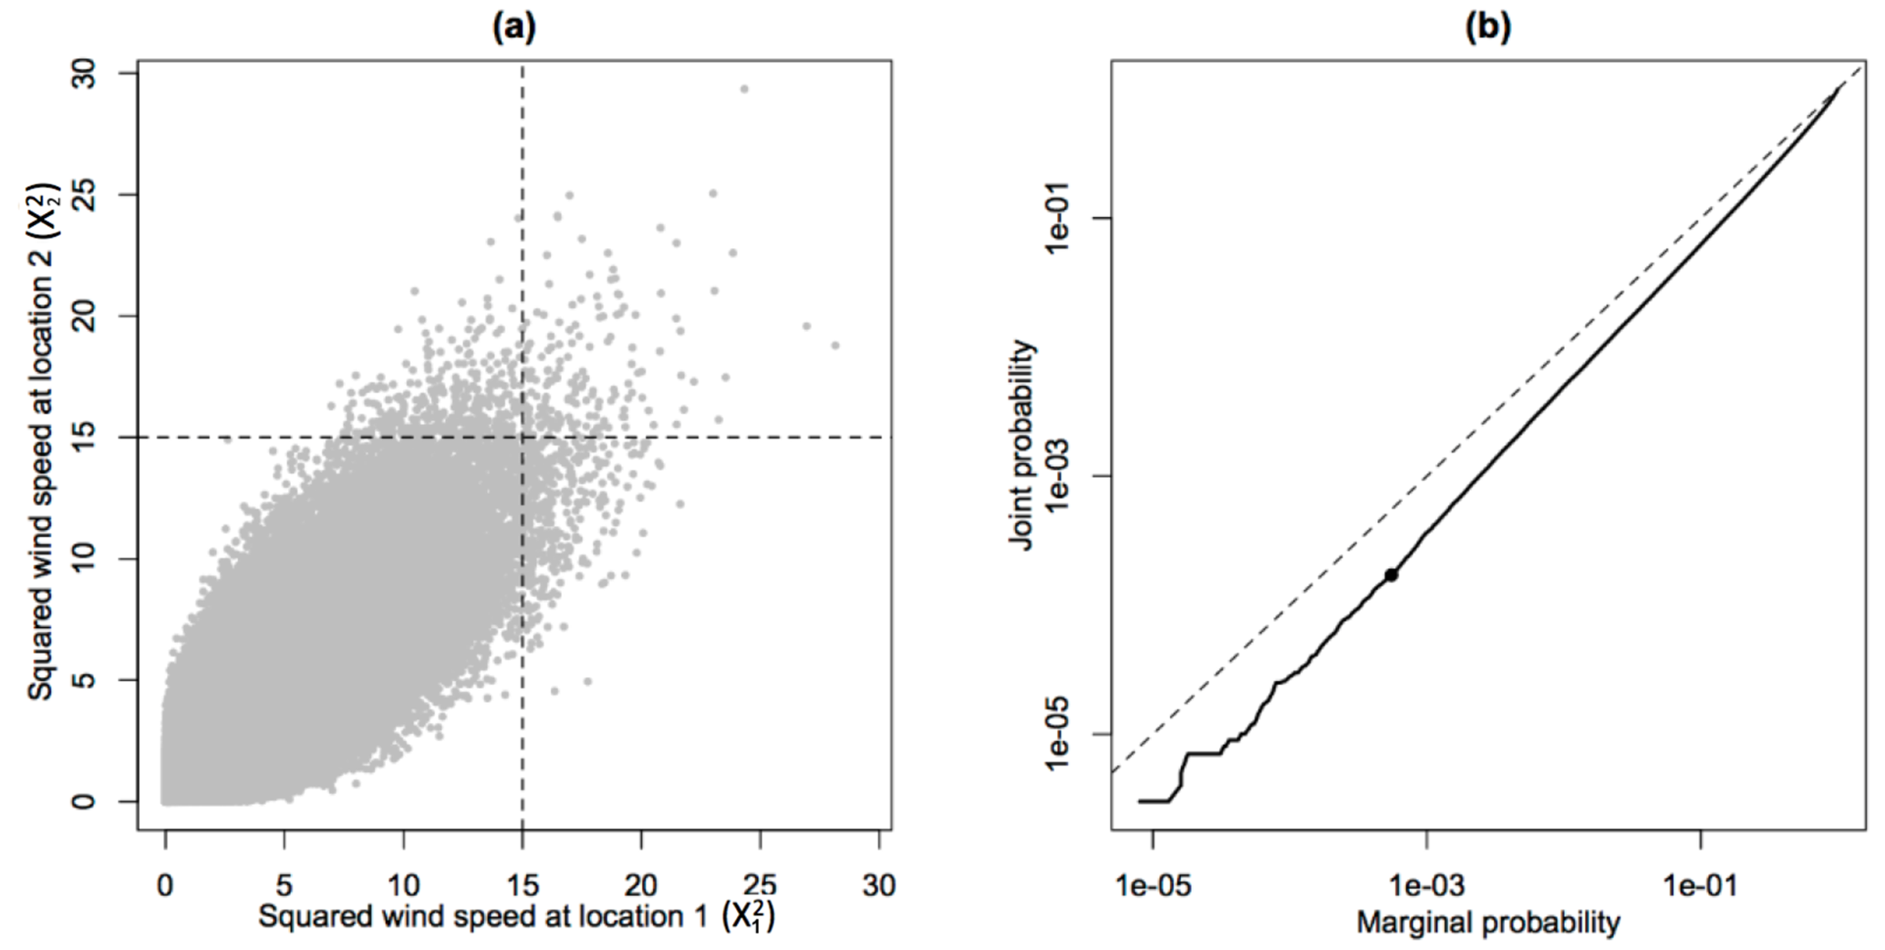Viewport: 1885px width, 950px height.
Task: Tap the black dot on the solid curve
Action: pyautogui.click(x=1391, y=574)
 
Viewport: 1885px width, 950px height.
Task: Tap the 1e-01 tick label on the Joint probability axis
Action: pyautogui.click(x=1063, y=219)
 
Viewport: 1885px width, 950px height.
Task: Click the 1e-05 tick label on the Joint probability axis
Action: pyautogui.click(x=1063, y=733)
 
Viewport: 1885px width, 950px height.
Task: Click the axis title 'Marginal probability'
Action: pyautogui.click(x=1487, y=922)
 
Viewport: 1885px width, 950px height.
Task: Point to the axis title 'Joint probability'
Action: pyautogui.click(x=1023, y=445)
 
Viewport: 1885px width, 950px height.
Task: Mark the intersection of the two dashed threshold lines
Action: pyautogui.click(x=523, y=438)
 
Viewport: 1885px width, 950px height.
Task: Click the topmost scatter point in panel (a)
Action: pyautogui.click(x=744, y=88)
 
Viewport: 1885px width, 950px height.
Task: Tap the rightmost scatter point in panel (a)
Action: pyautogui.click(x=834, y=345)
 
